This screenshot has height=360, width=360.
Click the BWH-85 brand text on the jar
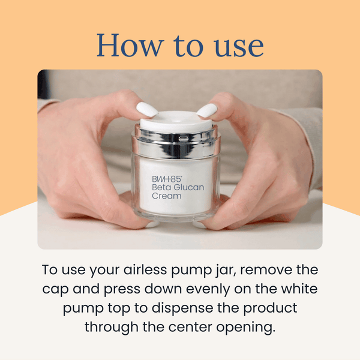(x=167, y=179)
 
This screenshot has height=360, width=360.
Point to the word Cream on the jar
(x=166, y=196)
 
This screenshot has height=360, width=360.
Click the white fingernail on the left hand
(x=147, y=109)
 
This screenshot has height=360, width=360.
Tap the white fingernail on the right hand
(x=206, y=110)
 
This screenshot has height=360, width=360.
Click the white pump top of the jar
(x=176, y=121)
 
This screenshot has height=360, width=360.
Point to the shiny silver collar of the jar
(x=176, y=143)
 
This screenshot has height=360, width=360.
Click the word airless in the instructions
(x=145, y=269)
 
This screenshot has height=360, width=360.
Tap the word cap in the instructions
(x=55, y=290)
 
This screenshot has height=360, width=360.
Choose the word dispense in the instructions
(x=182, y=308)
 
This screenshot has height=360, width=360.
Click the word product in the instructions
(x=270, y=308)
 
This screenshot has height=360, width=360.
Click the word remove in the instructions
(x=266, y=271)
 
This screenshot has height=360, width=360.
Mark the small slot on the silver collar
(x=183, y=139)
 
